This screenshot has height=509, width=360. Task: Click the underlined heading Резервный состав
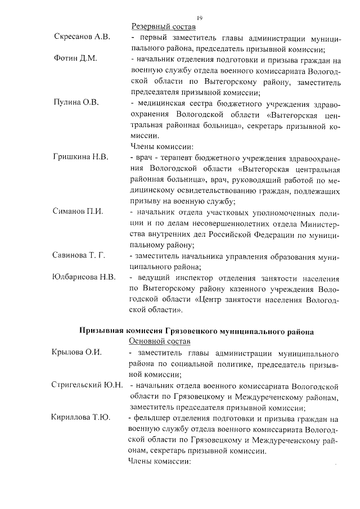click(163, 26)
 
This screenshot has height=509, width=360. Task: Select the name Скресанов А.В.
click(82, 38)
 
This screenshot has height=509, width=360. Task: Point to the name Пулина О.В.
click(76, 102)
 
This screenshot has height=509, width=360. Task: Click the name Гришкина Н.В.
click(80, 156)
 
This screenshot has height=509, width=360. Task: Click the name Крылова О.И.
click(76, 353)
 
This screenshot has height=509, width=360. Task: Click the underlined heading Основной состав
click(161, 341)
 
